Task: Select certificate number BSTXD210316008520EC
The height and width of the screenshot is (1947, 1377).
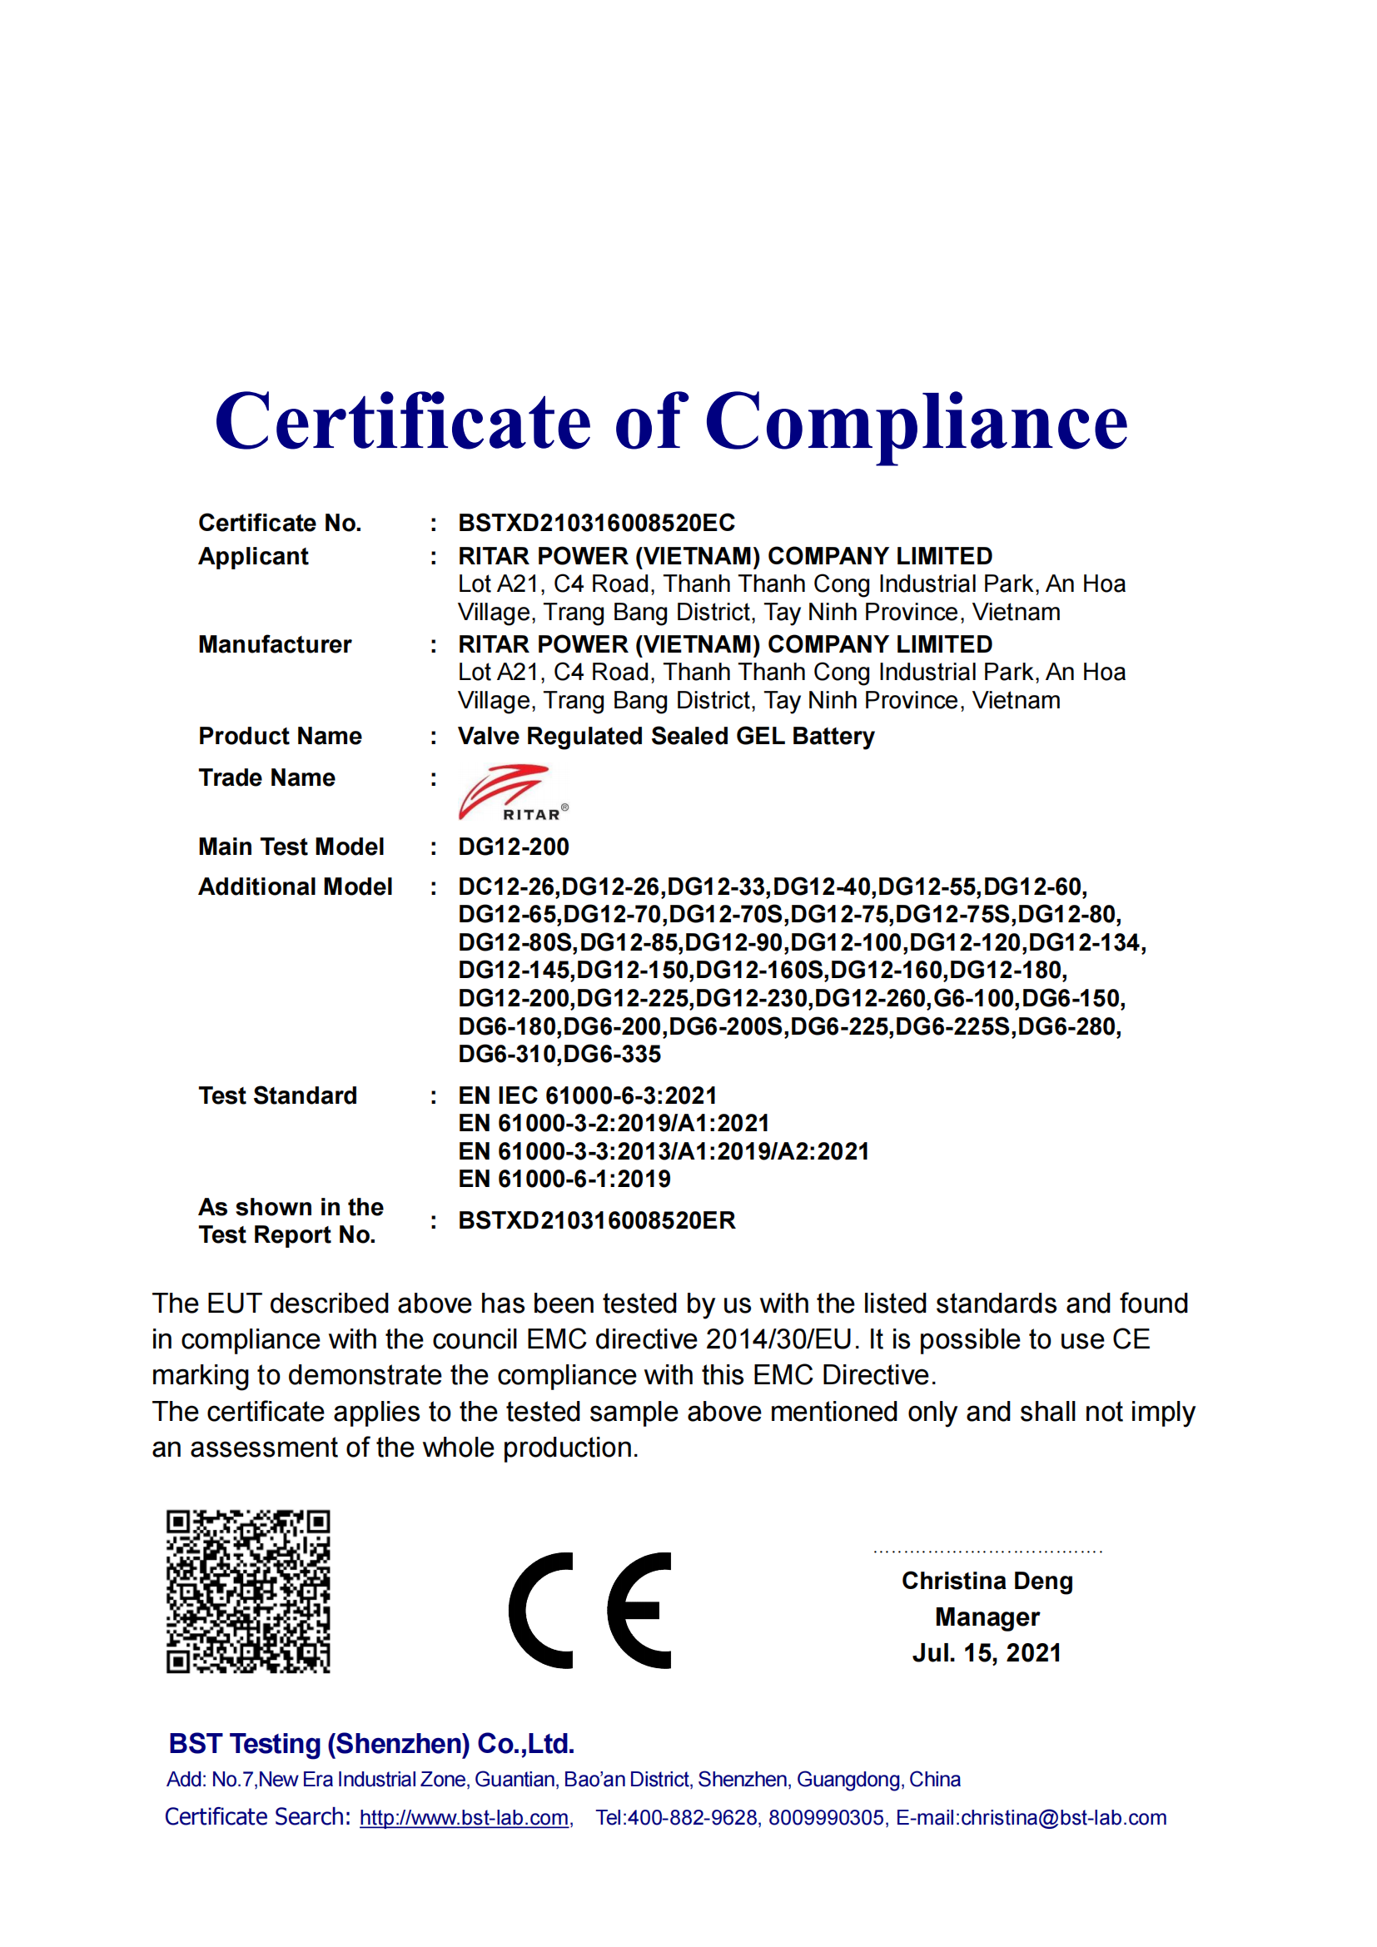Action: (596, 523)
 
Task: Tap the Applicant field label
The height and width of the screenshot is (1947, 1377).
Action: (253, 556)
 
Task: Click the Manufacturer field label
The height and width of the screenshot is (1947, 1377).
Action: (274, 644)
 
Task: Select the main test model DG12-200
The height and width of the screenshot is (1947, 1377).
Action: (513, 847)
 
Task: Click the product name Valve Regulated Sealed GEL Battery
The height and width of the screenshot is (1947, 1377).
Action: (666, 736)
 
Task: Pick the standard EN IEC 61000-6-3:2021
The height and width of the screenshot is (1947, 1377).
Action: (587, 1095)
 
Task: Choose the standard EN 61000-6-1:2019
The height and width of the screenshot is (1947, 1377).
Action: (564, 1179)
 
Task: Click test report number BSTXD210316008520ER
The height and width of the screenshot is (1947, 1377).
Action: (596, 1220)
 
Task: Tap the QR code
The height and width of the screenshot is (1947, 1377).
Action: (247, 1592)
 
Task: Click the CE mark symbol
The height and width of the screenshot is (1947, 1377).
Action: (590, 1611)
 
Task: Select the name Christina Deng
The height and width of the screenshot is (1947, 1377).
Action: (987, 1581)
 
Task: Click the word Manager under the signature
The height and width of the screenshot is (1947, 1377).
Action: (987, 1617)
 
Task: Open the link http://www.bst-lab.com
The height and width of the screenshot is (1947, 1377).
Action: (464, 1818)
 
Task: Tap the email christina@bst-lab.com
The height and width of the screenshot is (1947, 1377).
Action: (1063, 1818)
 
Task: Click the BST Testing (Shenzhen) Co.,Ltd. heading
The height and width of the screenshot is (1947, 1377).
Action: (371, 1744)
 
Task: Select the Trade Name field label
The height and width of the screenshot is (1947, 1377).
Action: (266, 777)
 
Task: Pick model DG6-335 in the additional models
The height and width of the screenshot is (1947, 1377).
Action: (612, 1054)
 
